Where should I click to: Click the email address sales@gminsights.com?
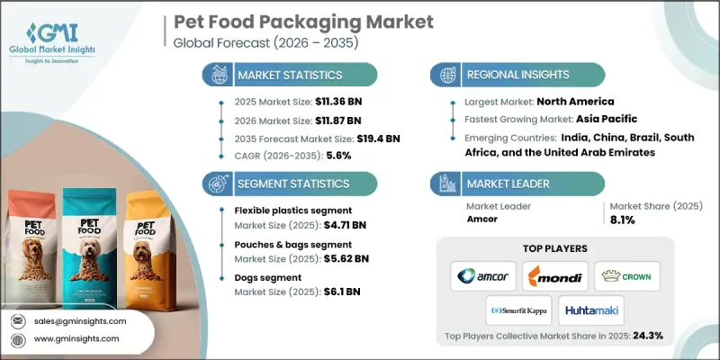81,321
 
